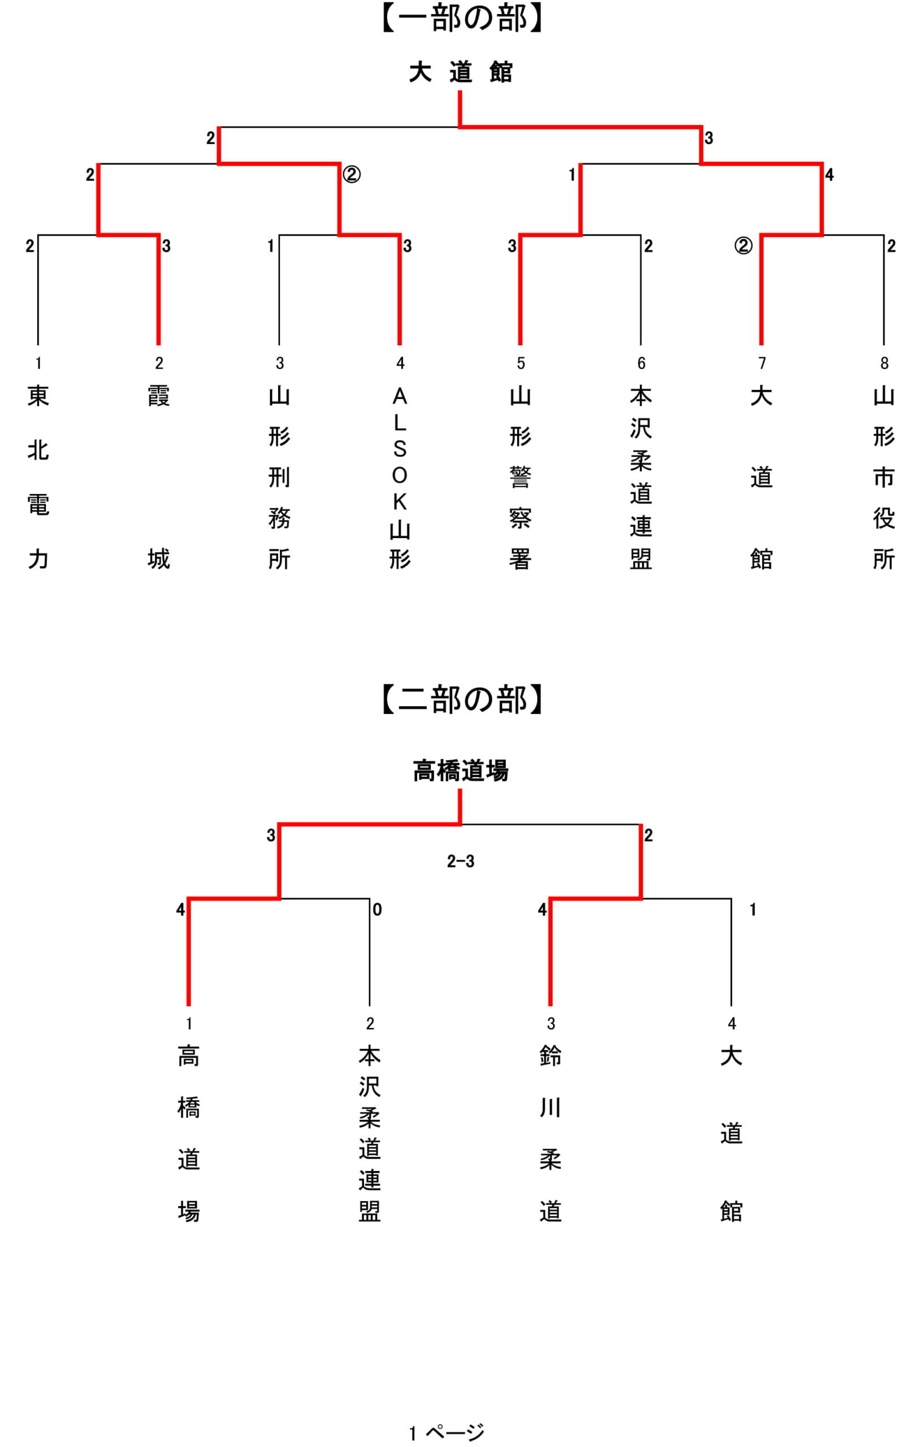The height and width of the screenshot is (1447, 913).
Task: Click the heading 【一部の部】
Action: coord(461,18)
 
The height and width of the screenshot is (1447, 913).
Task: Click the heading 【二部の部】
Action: coord(461,699)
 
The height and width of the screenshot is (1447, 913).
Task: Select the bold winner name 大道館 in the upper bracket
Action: coord(460,72)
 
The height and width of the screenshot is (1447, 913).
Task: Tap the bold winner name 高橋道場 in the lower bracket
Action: coord(460,770)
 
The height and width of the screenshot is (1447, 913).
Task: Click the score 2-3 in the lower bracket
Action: coord(460,861)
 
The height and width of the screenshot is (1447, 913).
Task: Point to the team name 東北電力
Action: coord(38,477)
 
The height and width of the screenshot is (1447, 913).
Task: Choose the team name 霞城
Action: coord(159,477)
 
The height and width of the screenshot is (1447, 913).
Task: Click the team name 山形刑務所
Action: coord(279,477)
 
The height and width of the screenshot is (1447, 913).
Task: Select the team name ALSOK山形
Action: coord(400,477)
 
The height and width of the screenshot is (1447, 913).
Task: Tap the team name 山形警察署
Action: coord(521,477)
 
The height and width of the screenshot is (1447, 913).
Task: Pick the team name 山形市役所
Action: coord(884,477)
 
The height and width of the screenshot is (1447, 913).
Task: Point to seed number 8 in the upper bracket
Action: coord(884,363)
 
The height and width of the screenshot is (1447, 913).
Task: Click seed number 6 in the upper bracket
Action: coord(641,363)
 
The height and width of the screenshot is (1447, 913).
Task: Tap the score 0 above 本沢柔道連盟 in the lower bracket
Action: coord(377,909)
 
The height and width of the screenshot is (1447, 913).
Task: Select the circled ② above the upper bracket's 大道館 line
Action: coord(743,245)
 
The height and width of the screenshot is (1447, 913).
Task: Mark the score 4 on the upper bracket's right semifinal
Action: coord(829,175)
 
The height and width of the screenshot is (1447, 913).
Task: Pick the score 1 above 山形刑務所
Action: coord(271,246)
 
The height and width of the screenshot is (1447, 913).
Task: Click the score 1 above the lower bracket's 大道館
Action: coord(752,909)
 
